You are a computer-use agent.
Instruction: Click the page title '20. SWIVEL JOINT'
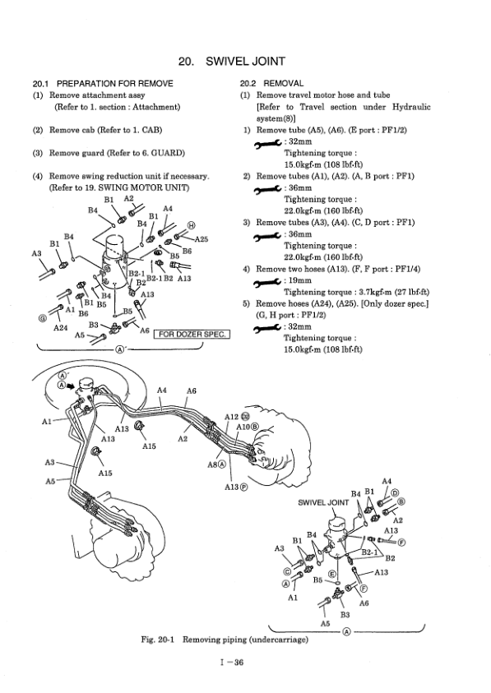(x=232, y=61)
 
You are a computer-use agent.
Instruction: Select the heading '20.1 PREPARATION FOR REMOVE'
(x=103, y=84)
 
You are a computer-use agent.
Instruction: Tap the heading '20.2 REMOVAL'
(x=271, y=84)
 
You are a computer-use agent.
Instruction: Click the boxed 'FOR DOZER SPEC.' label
(x=192, y=334)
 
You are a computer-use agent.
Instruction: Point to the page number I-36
(x=232, y=662)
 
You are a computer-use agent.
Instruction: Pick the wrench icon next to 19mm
(x=267, y=281)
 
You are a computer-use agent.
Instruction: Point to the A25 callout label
(x=201, y=239)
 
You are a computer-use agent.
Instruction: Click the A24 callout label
(x=60, y=328)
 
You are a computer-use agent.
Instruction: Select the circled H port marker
(x=191, y=225)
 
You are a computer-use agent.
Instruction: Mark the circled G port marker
(x=43, y=318)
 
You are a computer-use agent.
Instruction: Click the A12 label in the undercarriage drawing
(x=232, y=417)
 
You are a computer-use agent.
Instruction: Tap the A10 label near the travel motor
(x=243, y=427)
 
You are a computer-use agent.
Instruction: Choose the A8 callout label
(x=212, y=464)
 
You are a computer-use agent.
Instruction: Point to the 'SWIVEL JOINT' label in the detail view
(x=323, y=502)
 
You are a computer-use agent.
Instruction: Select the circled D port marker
(x=395, y=493)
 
